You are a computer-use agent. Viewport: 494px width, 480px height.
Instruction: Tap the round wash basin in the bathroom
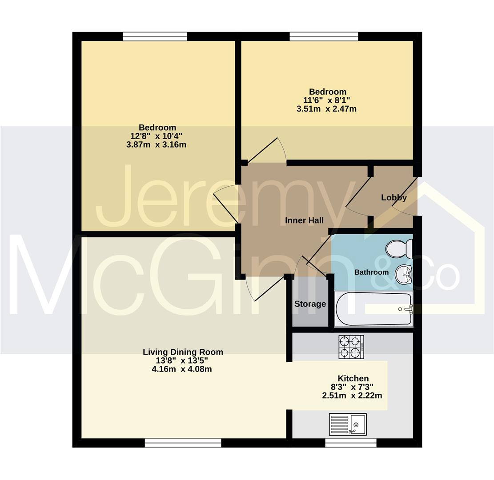pyautogui.click(x=404, y=273)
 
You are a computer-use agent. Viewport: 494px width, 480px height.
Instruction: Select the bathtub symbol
pyautogui.click(x=374, y=308)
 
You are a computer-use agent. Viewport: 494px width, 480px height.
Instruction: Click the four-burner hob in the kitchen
pyautogui.click(x=351, y=347)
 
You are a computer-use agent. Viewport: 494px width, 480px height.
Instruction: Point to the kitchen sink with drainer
pyautogui.click(x=348, y=424)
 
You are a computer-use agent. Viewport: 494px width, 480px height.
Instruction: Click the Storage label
pyautogui.click(x=310, y=304)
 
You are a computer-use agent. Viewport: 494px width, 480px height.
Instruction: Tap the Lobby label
pyautogui.click(x=394, y=197)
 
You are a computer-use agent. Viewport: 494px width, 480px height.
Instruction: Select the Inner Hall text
pyautogui.click(x=304, y=220)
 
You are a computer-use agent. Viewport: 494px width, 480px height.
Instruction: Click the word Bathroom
pyautogui.click(x=371, y=272)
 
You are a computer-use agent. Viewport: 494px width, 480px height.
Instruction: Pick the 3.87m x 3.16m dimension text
pyautogui.click(x=156, y=144)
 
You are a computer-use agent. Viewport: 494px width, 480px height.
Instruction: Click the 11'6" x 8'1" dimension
pyautogui.click(x=327, y=100)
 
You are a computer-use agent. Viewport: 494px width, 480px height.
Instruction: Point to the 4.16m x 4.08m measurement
pyautogui.click(x=182, y=369)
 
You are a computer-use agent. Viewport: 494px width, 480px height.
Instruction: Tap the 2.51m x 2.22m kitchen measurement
pyautogui.click(x=352, y=395)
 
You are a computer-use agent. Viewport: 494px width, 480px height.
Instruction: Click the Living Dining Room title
pyautogui.click(x=183, y=352)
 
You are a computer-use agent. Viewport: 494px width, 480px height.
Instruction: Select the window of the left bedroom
pyautogui.click(x=155, y=36)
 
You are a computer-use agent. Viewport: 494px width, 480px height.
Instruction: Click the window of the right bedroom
pyautogui.click(x=324, y=36)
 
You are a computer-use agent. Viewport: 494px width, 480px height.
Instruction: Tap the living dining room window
pyautogui.click(x=183, y=443)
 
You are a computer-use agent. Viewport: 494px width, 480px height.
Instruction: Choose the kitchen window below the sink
pyautogui.click(x=351, y=443)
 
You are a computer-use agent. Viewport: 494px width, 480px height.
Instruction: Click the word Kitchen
pyautogui.click(x=353, y=378)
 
